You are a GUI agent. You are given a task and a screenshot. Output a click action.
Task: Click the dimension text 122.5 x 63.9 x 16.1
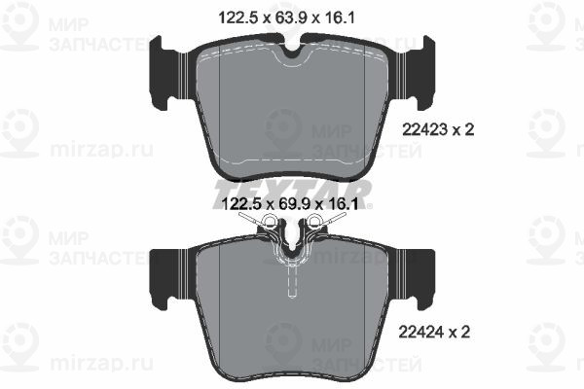click(x=286, y=18)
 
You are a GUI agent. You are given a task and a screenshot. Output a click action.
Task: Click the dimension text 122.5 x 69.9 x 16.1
click(x=290, y=203)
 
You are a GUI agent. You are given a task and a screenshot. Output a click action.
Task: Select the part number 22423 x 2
click(x=438, y=130)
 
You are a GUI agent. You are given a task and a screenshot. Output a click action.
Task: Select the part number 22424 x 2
click(x=434, y=332)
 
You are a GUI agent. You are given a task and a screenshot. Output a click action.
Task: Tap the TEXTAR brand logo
click(x=292, y=194)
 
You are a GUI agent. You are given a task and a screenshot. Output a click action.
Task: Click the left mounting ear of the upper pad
click(x=164, y=73)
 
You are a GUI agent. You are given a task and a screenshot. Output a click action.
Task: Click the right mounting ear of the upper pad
click(x=420, y=73)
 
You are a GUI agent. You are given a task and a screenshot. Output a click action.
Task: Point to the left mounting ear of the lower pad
click(x=164, y=279)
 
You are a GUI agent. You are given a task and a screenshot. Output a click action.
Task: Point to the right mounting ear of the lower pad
click(x=420, y=279)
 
